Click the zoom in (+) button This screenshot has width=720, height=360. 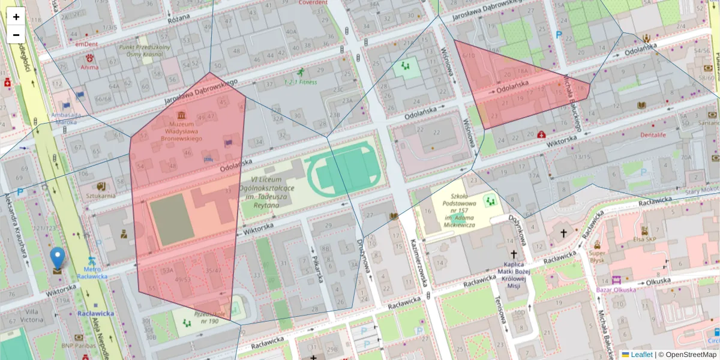click(16, 17)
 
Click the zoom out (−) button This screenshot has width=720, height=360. click(16, 35)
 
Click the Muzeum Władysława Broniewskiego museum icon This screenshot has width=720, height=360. click(181, 115)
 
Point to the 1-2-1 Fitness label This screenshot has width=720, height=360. click(301, 82)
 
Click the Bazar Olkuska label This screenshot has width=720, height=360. click(617, 290)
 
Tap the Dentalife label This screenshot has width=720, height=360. click(653, 136)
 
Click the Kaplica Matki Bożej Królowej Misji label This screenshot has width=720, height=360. click(514, 275)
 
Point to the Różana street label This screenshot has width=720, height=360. click(178, 20)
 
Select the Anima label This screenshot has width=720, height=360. click(89, 67)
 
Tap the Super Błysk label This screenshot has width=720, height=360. click(598, 256)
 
